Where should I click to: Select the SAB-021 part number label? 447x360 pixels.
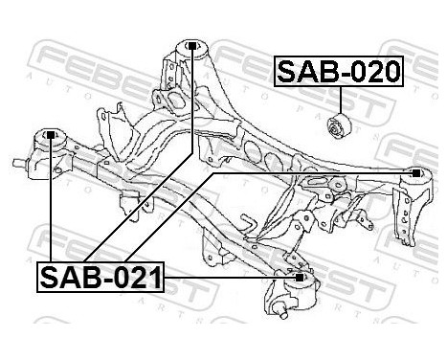[101, 279]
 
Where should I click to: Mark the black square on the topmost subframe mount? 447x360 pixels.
[194, 45]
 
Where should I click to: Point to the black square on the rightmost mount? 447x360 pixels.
[415, 174]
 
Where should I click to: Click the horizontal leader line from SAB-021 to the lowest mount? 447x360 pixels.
[230, 279]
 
